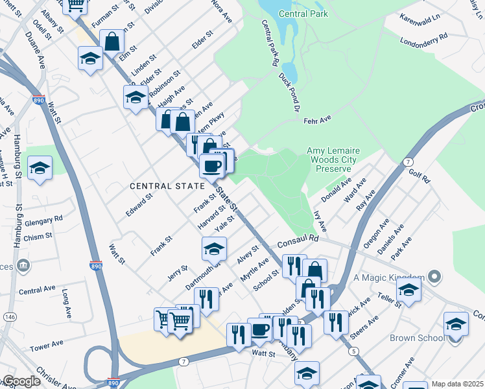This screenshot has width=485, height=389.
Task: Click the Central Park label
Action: click(303, 14)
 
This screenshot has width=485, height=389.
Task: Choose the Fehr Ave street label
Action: click(317, 119)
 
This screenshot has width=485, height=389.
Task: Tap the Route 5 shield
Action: click(353, 351)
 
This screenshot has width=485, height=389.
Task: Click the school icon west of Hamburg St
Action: click(40, 168)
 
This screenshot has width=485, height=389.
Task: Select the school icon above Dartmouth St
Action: click(214, 248)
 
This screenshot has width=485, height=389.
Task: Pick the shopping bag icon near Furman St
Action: click(113, 41)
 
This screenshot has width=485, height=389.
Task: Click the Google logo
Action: click(21, 381)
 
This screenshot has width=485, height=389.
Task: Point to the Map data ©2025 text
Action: click(456, 384)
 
